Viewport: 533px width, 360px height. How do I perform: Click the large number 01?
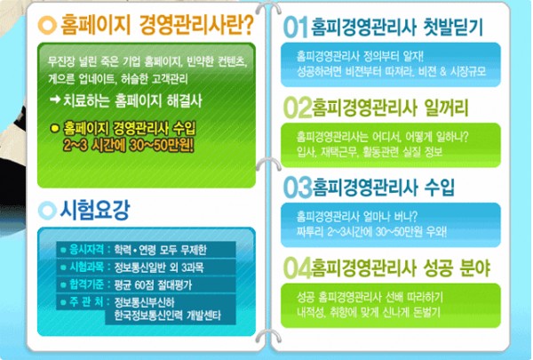click(296, 28)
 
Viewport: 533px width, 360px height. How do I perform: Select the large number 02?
click(298, 108)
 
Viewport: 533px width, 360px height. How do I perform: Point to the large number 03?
click(298, 188)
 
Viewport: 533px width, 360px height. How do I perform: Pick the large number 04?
click(298, 268)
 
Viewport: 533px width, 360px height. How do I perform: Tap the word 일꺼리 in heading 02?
click(446, 108)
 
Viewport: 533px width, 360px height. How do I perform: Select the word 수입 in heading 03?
click(440, 188)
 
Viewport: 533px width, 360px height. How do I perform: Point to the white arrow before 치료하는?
click(55, 100)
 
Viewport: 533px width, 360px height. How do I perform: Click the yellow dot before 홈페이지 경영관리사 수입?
click(55, 129)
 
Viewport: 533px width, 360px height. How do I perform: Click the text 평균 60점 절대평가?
click(153, 284)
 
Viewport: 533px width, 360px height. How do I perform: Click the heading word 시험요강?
click(95, 210)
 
